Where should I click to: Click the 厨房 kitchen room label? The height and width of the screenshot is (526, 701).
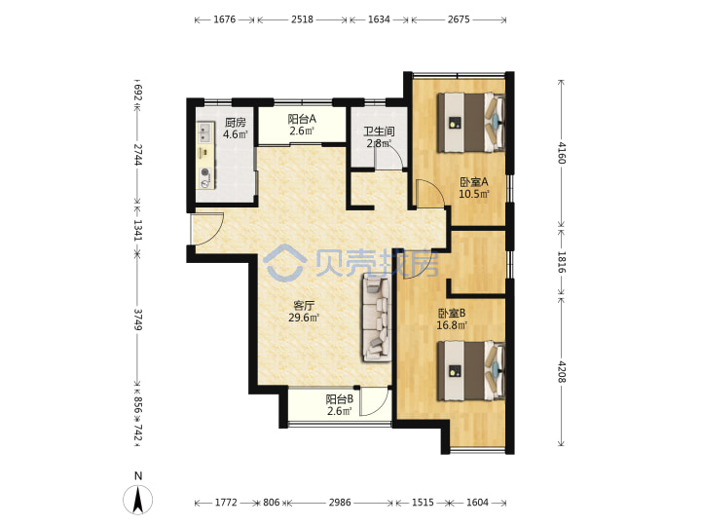click(x=236, y=122)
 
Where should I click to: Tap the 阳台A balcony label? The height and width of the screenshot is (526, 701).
click(x=302, y=119)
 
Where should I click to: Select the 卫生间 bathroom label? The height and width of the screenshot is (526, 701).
click(x=379, y=131)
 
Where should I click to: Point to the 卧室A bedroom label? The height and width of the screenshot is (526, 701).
click(x=474, y=182)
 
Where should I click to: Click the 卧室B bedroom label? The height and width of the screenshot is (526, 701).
click(x=452, y=313)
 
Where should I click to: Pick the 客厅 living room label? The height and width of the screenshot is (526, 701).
click(x=304, y=306)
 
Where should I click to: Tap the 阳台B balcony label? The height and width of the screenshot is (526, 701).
click(x=340, y=398)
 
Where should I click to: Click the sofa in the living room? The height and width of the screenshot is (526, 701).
click(x=377, y=318)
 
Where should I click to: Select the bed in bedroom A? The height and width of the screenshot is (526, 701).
click(x=471, y=123)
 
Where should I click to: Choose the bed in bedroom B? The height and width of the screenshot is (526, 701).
click(x=471, y=371)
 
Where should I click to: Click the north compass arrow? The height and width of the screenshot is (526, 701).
click(x=138, y=499)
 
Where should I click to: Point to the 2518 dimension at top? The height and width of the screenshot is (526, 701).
click(x=302, y=19)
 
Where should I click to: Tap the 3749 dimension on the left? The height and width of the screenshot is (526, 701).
click(x=138, y=319)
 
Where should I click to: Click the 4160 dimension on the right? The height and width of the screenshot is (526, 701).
click(x=562, y=153)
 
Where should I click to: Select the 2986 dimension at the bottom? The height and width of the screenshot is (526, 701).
click(x=340, y=503)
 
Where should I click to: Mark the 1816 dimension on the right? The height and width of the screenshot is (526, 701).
click(x=562, y=262)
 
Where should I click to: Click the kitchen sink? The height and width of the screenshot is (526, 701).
click(x=204, y=131)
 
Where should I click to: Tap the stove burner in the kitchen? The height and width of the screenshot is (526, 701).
click(x=205, y=172)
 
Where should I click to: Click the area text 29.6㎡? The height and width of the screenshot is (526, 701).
click(x=304, y=318)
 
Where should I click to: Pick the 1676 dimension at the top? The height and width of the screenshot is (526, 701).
click(x=225, y=19)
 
